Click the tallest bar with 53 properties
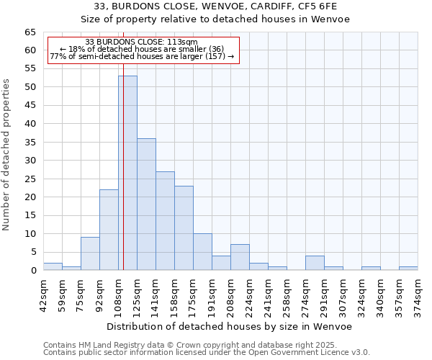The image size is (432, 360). [127, 173]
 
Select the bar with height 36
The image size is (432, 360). [146, 204]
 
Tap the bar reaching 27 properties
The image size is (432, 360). [165, 221]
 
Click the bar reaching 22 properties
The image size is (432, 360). [109, 230]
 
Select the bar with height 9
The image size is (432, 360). [90, 253]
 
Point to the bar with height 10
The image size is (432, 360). [202, 252]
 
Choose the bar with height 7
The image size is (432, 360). [240, 258]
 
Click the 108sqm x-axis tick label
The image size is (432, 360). [118, 294]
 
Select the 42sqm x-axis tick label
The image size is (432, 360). [43, 294]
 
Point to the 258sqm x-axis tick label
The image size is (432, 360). [287, 294]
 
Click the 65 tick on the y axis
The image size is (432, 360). [30, 32]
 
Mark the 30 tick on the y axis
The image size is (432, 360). [30, 161]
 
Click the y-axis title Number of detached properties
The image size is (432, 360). [7, 155]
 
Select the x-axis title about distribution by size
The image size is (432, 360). [230, 326]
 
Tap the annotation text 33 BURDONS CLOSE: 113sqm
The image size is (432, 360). [140, 42]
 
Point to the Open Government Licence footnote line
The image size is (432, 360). [206, 352]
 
